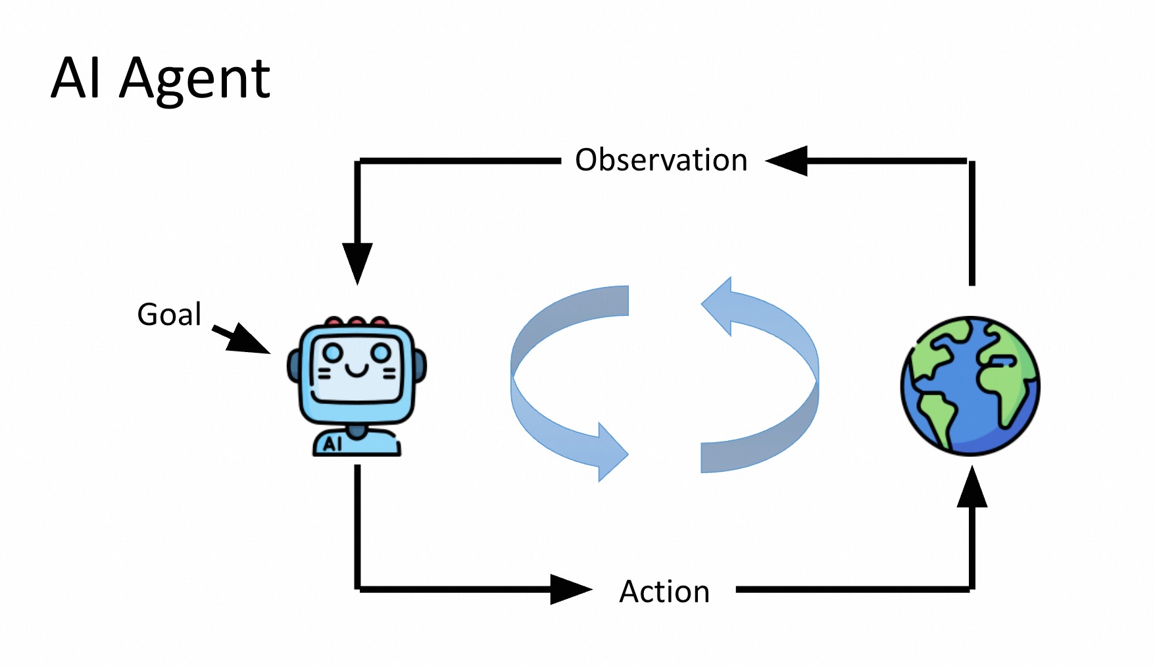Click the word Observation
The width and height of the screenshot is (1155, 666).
point(661,160)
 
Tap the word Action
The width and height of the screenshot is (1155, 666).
point(664,592)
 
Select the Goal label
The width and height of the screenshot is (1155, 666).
point(169,315)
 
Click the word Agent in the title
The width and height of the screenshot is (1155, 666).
point(195,79)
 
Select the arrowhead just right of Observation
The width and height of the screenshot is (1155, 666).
point(788,161)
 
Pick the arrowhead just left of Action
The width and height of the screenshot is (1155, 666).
point(570,589)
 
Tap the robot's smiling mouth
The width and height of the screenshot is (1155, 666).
point(357,372)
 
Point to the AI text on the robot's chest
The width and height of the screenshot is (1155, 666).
point(333,444)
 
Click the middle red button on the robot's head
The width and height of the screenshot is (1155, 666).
point(356,322)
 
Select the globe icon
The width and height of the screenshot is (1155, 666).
point(970,386)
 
